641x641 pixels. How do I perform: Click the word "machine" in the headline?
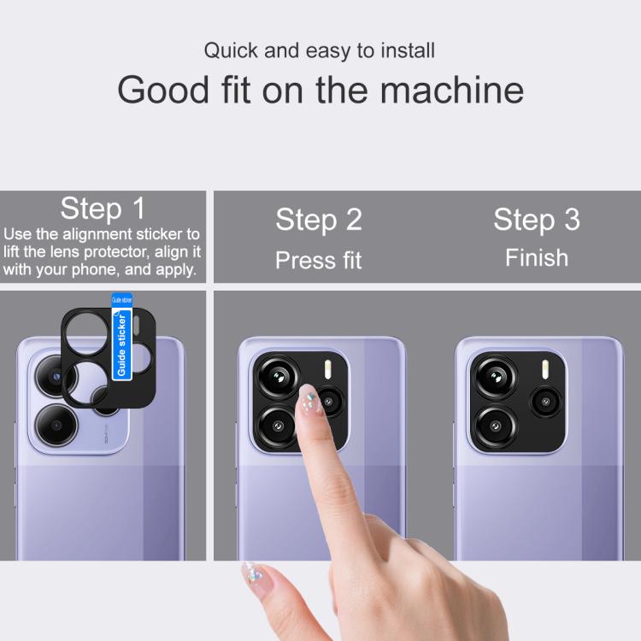click(452, 90)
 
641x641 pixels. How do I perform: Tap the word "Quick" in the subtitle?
click(231, 50)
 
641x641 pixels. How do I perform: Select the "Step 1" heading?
click(103, 209)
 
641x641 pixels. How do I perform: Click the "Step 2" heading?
click(319, 220)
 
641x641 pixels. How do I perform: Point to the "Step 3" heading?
click(537, 220)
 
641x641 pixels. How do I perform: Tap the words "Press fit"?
click(319, 260)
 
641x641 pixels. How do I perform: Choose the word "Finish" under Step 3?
click(537, 258)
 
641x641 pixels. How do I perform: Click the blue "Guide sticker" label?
click(122, 338)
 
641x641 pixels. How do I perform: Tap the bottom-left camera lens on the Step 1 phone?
click(56, 425)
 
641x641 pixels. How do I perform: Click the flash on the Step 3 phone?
click(544, 369)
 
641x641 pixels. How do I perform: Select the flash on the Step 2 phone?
click(327, 369)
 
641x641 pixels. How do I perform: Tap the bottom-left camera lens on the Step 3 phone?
click(496, 426)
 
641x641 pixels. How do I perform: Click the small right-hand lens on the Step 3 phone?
click(546, 402)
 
